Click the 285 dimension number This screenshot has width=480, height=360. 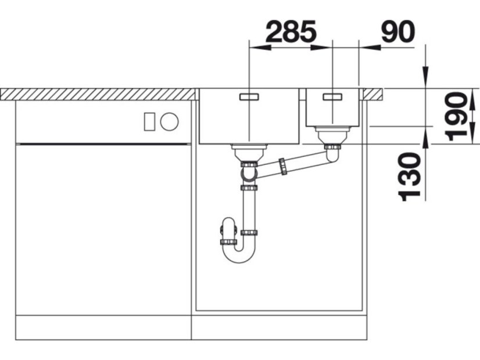tap(291, 31)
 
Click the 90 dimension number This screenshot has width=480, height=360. tap(398, 31)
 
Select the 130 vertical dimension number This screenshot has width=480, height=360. tap(409, 177)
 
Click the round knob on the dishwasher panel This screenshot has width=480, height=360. tap(169, 122)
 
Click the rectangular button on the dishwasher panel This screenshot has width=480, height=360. tap(149, 122)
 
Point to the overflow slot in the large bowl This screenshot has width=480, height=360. tap(249, 96)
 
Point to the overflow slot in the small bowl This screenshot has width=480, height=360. tap(332, 96)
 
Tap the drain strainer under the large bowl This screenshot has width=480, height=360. tap(249, 152)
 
